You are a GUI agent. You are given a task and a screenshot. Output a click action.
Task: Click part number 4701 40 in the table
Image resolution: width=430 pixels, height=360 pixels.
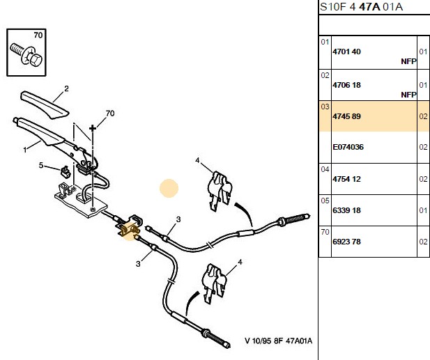tap(346, 52)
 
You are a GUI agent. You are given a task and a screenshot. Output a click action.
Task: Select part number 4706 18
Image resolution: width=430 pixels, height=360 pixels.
tap(346, 85)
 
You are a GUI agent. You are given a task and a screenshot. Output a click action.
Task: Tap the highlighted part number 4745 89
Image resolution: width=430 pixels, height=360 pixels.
tap(346, 116)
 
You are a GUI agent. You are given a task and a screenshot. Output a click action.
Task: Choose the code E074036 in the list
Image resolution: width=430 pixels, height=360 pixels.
tap(348, 147)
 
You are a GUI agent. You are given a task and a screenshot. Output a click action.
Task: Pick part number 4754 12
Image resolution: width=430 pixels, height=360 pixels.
tap(346, 179)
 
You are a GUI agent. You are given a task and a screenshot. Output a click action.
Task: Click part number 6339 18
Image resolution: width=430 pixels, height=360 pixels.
tap(346, 210)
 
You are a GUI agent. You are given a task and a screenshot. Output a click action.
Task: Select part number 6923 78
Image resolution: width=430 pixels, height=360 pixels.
tap(346, 242)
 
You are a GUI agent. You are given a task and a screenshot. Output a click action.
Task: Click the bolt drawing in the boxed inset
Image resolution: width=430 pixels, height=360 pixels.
tap(26, 55)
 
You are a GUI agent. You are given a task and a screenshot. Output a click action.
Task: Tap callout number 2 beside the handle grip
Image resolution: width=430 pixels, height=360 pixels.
tap(66, 88)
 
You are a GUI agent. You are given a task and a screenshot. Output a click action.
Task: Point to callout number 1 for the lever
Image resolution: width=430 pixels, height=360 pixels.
tap(25, 150)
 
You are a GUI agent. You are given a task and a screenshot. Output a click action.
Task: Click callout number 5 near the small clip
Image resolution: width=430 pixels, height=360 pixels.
tap(41, 165)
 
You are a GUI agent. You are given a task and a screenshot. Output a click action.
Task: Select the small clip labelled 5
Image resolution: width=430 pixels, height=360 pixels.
tap(66, 171)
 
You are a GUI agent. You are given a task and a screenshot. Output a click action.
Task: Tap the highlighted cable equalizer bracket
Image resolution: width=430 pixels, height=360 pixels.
tap(129, 226)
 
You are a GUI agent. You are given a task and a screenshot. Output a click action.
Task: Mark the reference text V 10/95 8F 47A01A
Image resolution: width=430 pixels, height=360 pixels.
tap(278, 341)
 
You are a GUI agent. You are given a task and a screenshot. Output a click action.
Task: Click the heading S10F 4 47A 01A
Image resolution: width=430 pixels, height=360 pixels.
tap(361, 6)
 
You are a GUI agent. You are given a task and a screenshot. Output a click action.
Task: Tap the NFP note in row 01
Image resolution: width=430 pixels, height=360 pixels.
tap(408, 61)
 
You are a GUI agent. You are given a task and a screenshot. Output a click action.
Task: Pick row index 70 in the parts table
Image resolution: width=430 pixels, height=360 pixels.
tap(325, 232)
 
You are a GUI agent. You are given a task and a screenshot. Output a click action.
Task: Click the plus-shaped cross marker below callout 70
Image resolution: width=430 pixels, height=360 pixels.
tap(93, 128)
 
